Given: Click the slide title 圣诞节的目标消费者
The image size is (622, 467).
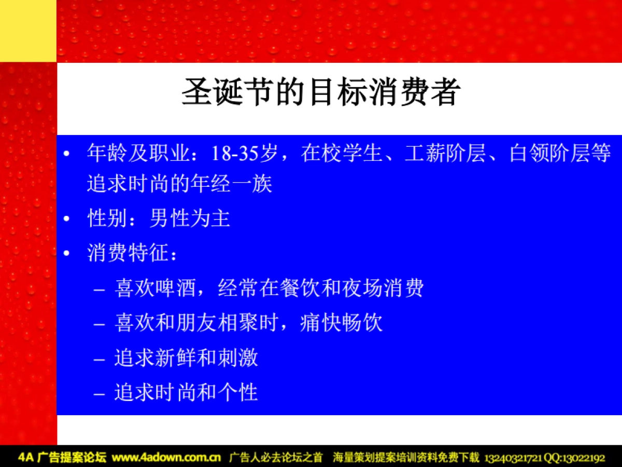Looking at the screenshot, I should [x=321, y=92].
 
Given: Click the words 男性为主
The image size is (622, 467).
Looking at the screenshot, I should [x=190, y=219].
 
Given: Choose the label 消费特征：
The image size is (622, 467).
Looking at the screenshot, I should [x=133, y=254].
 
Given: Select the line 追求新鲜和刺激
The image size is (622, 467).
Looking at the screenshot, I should [x=186, y=358].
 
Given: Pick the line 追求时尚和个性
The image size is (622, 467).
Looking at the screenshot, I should [x=186, y=392].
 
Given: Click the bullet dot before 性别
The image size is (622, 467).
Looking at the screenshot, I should [x=66, y=219].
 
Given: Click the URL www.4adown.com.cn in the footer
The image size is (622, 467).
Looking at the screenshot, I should [x=166, y=458].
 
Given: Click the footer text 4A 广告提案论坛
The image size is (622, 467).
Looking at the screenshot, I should [x=62, y=458].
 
